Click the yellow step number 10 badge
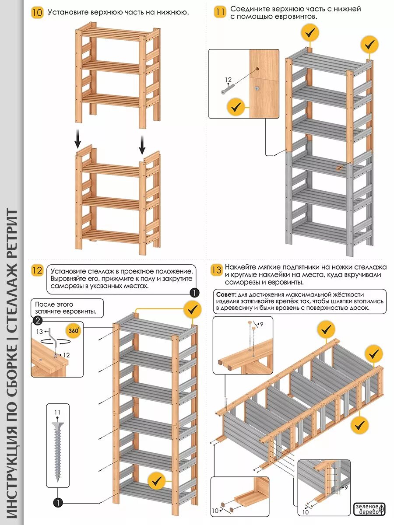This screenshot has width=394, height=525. [x=38, y=12]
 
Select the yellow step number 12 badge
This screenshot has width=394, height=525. [x=38, y=270]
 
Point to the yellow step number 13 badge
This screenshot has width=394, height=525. [x=216, y=270]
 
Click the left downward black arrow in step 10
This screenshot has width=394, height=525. [x=77, y=140]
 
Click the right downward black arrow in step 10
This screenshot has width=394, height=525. [x=142, y=144]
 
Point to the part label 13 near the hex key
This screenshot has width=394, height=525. [x=40, y=331]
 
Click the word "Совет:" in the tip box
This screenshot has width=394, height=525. [x=226, y=295]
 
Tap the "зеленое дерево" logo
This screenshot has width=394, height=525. [x=369, y=509]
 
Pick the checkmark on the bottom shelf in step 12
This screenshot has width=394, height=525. [x=156, y=481]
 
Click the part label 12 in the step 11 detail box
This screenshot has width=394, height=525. [x=228, y=80]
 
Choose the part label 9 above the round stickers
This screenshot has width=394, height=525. [x=261, y=324]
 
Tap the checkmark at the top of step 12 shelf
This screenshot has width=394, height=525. [x=192, y=309]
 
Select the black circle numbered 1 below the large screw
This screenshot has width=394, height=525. [x=57, y=503]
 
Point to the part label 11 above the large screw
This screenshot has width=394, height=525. [x=57, y=412]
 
